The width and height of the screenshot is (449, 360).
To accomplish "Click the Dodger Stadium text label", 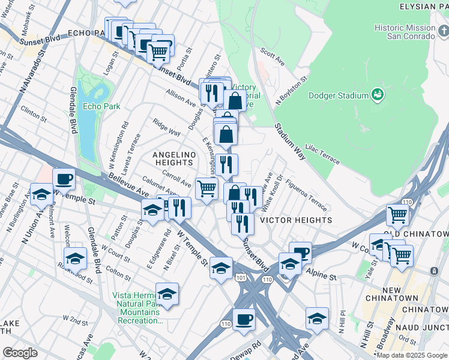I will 338,95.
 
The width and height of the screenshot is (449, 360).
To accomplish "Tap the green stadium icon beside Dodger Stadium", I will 378,94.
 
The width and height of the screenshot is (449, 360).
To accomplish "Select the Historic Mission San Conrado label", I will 405,32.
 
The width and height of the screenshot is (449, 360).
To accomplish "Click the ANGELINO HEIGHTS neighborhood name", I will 174,159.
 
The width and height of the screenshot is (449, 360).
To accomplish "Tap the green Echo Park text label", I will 101,106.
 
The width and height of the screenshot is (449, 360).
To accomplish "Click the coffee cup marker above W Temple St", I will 64,178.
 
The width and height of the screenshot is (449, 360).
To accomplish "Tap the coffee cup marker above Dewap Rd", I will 243,319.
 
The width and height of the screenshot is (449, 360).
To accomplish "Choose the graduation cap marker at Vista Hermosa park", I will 167,293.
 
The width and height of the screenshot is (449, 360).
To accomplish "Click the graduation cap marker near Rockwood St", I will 75,257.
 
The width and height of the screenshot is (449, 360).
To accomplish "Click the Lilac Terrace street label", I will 322,154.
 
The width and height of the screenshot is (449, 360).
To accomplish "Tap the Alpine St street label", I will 324,275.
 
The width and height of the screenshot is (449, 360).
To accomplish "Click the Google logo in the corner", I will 20,353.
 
